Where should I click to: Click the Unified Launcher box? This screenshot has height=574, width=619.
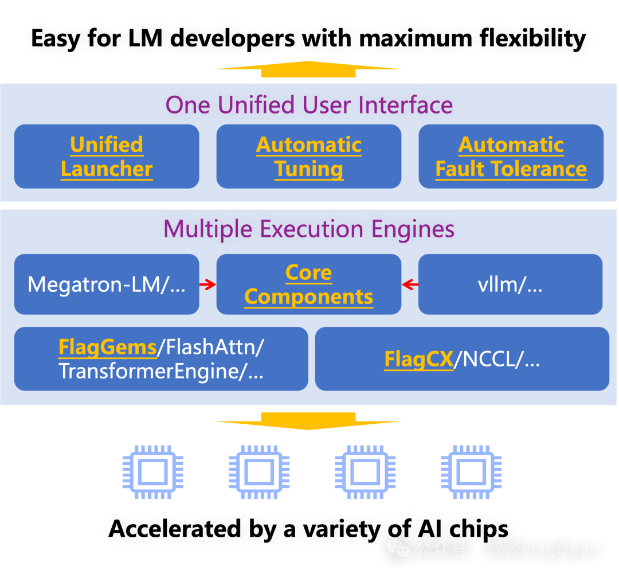(x=107, y=157)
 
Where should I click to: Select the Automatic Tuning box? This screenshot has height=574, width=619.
(x=308, y=157)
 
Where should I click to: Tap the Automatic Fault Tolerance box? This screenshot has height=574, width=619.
(x=511, y=157)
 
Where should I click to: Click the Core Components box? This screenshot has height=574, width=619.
(x=308, y=284)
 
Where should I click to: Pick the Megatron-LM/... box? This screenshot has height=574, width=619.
(x=107, y=284)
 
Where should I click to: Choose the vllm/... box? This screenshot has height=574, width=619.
(x=510, y=284)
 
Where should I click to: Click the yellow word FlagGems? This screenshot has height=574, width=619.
(x=108, y=347)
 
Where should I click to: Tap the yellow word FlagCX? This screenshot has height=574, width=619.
(x=419, y=359)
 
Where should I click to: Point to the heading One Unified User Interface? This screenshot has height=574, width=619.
(x=309, y=105)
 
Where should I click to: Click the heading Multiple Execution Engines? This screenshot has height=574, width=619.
(x=309, y=229)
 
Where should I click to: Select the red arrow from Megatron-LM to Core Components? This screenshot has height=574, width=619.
(x=207, y=284)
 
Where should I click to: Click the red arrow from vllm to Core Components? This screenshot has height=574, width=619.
(x=410, y=284)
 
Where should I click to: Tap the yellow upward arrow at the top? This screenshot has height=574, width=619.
(x=308, y=69)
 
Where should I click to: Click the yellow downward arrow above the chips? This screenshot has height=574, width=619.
(x=308, y=420)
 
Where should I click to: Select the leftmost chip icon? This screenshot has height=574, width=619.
(x=152, y=472)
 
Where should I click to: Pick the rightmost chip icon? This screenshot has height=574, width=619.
(x=471, y=472)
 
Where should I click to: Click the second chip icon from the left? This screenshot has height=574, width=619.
(x=259, y=472)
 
